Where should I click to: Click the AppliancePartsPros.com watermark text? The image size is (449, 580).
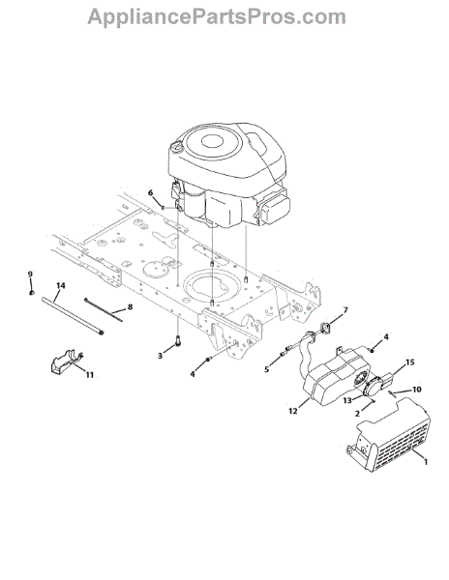coord(217,17)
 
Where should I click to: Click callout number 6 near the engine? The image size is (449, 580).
coord(150,192)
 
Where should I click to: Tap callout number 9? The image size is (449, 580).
coord(30,275)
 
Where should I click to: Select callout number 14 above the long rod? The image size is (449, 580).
coord(61,285)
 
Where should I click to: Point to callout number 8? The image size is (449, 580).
coord(130,307)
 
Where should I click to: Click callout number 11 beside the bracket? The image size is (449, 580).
coord(90,375)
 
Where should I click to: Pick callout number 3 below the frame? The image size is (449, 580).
coord(160,356)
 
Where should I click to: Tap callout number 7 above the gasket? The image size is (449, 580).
coord(345,310)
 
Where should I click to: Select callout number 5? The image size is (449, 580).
coord(266,369)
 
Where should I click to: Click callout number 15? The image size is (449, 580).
coord(410,362)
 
